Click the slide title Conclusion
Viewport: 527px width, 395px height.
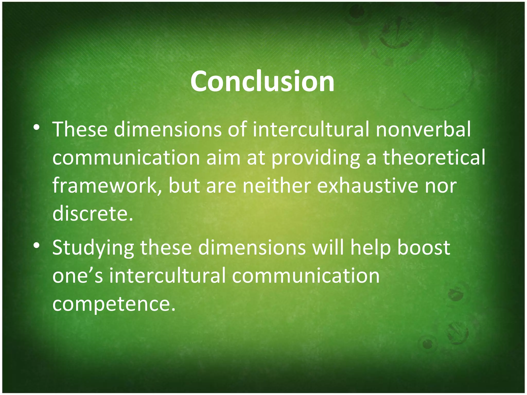click(262, 82)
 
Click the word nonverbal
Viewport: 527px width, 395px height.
click(423, 129)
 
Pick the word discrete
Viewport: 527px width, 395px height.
click(93, 214)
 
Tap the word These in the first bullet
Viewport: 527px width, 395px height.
click(80, 129)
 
